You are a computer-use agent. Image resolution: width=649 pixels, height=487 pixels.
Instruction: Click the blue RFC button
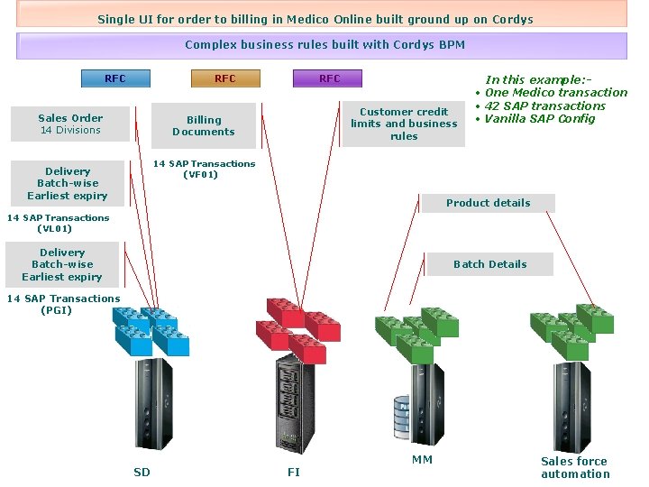(x=115, y=78)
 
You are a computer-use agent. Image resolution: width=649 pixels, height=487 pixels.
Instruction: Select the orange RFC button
(x=224, y=78)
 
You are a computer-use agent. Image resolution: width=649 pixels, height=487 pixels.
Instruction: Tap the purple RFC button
(x=329, y=78)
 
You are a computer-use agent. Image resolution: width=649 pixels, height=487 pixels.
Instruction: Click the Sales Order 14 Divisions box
(x=70, y=124)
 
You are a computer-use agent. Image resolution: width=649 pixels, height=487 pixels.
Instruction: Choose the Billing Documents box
(x=204, y=125)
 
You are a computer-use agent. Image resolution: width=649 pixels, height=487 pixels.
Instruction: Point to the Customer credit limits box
(x=404, y=124)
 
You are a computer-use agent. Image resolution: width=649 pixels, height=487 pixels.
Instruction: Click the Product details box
(x=488, y=203)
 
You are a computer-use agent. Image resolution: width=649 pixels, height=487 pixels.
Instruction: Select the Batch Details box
(x=489, y=264)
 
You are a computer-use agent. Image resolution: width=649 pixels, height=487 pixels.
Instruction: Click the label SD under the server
(x=142, y=472)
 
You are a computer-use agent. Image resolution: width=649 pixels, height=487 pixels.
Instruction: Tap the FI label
(x=294, y=472)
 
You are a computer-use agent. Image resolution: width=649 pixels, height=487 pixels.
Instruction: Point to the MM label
(x=422, y=460)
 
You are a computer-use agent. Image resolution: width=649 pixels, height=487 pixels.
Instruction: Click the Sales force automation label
(x=575, y=467)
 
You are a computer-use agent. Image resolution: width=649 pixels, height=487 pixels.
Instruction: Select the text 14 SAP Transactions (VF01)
(x=204, y=169)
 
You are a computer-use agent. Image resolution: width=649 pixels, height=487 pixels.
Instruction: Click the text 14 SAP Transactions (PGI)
(x=63, y=304)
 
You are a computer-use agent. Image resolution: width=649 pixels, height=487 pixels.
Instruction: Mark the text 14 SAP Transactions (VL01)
(x=58, y=223)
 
